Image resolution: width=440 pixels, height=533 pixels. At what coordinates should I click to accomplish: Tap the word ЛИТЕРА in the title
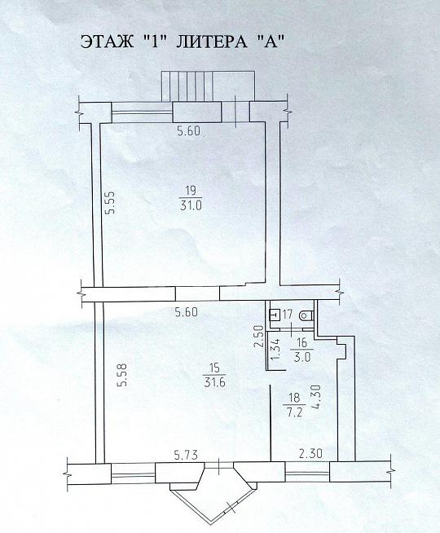[x=211, y=42]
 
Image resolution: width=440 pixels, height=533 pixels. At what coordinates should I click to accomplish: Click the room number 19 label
[x=191, y=191]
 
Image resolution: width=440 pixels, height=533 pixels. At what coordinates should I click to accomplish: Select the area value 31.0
[x=191, y=205]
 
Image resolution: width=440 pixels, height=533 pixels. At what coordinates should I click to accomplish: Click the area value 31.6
[x=215, y=382]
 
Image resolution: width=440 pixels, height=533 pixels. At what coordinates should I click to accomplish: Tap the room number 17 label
[x=288, y=314]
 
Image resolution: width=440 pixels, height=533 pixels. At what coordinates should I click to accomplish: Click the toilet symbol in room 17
[x=306, y=315]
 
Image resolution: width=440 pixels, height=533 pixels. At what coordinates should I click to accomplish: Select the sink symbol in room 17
[x=275, y=315]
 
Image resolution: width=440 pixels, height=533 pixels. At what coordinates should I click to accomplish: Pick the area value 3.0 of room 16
[x=301, y=357]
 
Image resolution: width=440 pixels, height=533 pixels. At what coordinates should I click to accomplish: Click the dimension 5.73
[x=186, y=454]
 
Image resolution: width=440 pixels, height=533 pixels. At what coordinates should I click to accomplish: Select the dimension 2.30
[x=310, y=453]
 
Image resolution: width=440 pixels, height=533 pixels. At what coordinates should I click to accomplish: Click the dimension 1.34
[x=276, y=350]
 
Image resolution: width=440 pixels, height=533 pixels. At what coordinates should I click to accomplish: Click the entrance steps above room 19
[x=208, y=86]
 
